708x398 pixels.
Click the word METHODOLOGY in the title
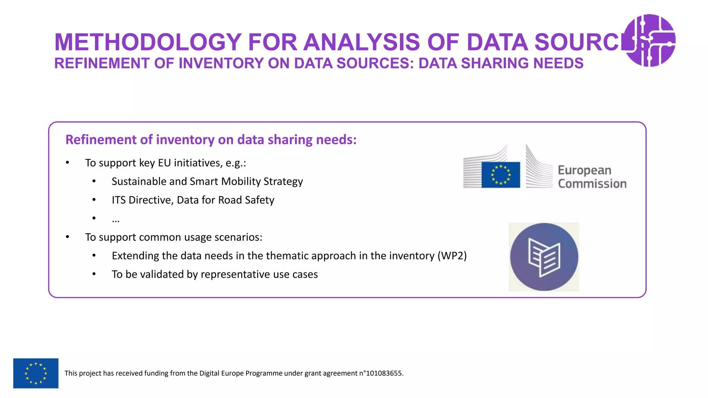click(148, 42)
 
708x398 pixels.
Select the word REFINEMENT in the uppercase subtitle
click(102, 64)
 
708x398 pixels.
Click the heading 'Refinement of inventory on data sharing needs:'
click(211, 140)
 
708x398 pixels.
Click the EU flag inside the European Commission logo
click(501, 175)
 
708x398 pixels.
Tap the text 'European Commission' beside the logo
click(591, 177)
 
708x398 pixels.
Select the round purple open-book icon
click(544, 257)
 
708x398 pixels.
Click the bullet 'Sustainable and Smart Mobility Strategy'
click(207, 182)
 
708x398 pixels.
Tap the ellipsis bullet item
click(115, 219)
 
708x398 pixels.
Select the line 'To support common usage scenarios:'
click(174, 237)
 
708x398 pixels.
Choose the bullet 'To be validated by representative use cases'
click(214, 274)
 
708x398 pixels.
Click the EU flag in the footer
click(36, 373)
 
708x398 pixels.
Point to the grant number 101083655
click(384, 373)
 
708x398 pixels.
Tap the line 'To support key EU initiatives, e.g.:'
click(166, 163)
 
